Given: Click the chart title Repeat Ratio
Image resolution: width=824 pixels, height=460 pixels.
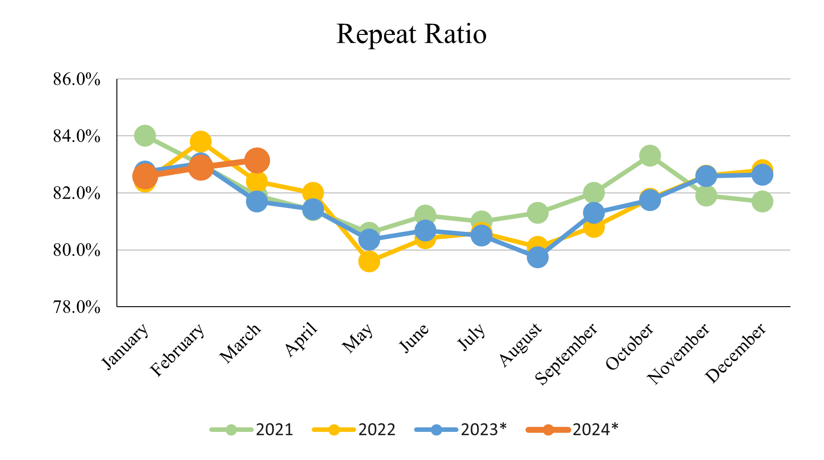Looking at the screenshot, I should pos(411,34).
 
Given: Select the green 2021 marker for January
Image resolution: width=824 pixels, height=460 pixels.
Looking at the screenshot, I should pos(145,136).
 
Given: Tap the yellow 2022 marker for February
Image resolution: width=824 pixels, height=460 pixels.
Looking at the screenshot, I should pos(201,142).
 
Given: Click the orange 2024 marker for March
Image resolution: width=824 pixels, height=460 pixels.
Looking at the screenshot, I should pos(257,160).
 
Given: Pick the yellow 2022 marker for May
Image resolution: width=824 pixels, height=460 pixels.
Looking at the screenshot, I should pos(369,262).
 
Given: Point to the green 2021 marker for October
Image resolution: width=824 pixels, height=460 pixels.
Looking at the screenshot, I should pos(650,156).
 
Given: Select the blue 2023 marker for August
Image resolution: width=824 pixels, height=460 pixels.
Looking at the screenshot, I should pos(538,258).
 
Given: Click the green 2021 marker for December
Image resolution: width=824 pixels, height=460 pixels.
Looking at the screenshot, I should pos(762,201).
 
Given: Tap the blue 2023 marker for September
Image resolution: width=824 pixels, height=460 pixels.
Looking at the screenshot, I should pos(594,213).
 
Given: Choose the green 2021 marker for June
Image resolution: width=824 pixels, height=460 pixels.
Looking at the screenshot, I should pos(425,215).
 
